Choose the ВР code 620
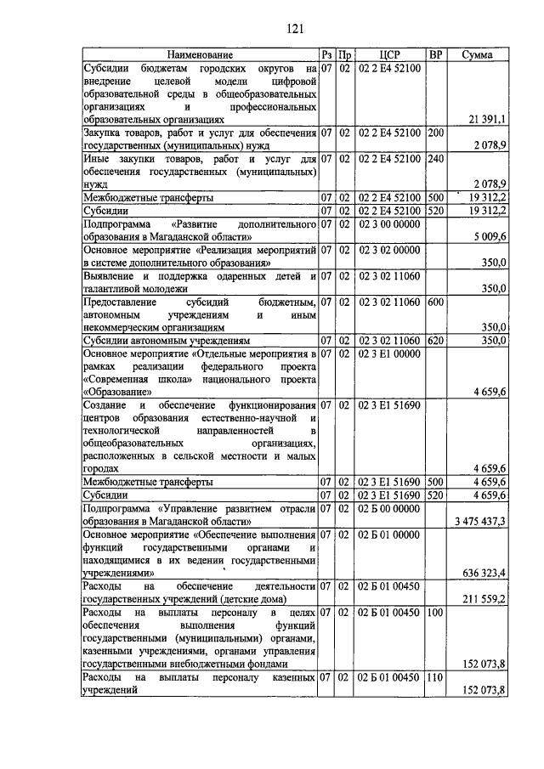(436, 341)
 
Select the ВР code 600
(436, 302)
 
